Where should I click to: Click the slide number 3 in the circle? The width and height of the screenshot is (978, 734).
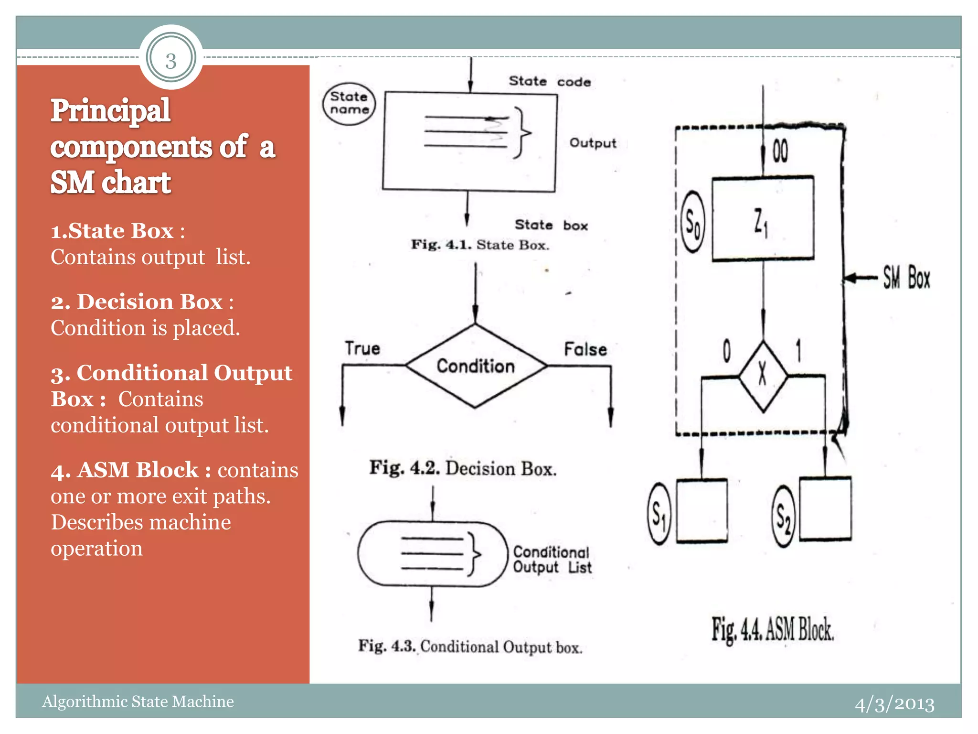[171, 61]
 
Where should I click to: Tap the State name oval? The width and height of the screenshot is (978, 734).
[349, 103]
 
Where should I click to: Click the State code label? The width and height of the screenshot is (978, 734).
[549, 81]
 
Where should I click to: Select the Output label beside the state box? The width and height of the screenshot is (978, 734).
[593, 143]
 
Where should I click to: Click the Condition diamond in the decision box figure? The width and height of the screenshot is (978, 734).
[476, 366]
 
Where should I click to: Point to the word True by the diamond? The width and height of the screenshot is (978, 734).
[362, 348]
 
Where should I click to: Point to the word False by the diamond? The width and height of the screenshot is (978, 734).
[585, 349]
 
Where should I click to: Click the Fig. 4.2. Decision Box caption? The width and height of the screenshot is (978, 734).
[463, 468]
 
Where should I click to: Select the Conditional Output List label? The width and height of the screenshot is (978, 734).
[552, 560]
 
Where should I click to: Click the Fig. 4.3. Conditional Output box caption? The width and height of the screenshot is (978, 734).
[470, 647]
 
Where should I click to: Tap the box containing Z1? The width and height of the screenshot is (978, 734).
[763, 219]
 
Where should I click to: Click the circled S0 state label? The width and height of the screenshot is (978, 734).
[692, 222]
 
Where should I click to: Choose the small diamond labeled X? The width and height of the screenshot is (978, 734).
[763, 376]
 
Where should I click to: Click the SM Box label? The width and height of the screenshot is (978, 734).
[906, 278]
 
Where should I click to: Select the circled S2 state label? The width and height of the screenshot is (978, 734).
[783, 516]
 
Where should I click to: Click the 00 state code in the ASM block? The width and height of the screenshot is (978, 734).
[780, 151]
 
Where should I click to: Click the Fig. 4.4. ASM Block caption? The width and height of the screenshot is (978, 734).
[772, 630]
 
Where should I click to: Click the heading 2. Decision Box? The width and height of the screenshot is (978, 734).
[142, 302]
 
